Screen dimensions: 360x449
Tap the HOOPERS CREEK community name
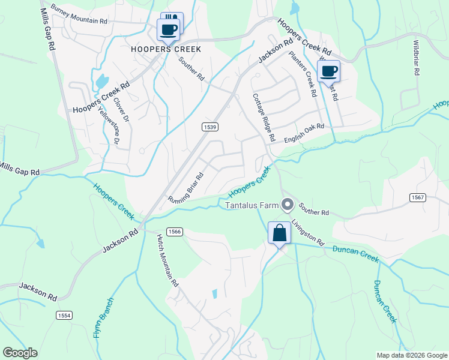click(165, 49)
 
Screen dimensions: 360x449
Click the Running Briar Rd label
click(186, 188)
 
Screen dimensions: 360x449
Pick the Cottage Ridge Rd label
click(264, 118)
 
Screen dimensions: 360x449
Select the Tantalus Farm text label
click(252, 205)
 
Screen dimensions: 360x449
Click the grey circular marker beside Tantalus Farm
click(288, 205)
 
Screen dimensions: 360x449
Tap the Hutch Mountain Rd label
click(168, 260)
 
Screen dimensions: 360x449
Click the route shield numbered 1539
click(209, 127)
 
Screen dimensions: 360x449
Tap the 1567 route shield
click(418, 197)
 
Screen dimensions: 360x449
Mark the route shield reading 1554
click(64, 315)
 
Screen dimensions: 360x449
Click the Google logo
click(20, 353)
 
